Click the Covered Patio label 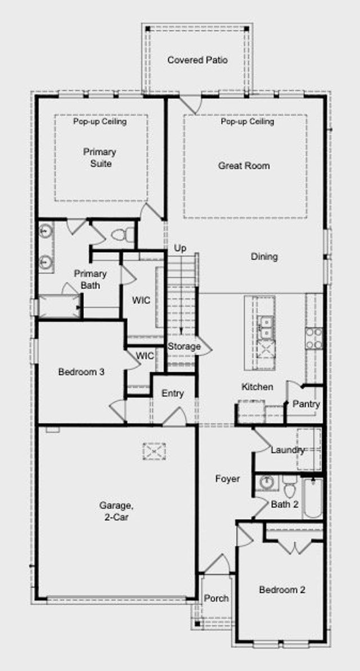coord(197,60)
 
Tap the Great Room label coord(244,165)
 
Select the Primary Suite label coord(100,157)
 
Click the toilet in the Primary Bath coord(123,235)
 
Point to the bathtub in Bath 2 coord(313,498)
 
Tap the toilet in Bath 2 coord(290,486)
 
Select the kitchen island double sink coord(266,327)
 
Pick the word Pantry coord(306,404)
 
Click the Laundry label coord(287,450)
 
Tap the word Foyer coord(227,479)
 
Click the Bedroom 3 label coord(82,372)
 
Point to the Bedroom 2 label coord(282,589)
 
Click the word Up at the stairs coord(180,248)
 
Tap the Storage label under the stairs coord(184,346)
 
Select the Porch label coord(216,598)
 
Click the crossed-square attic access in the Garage coord(154,452)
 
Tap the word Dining coord(264,257)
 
